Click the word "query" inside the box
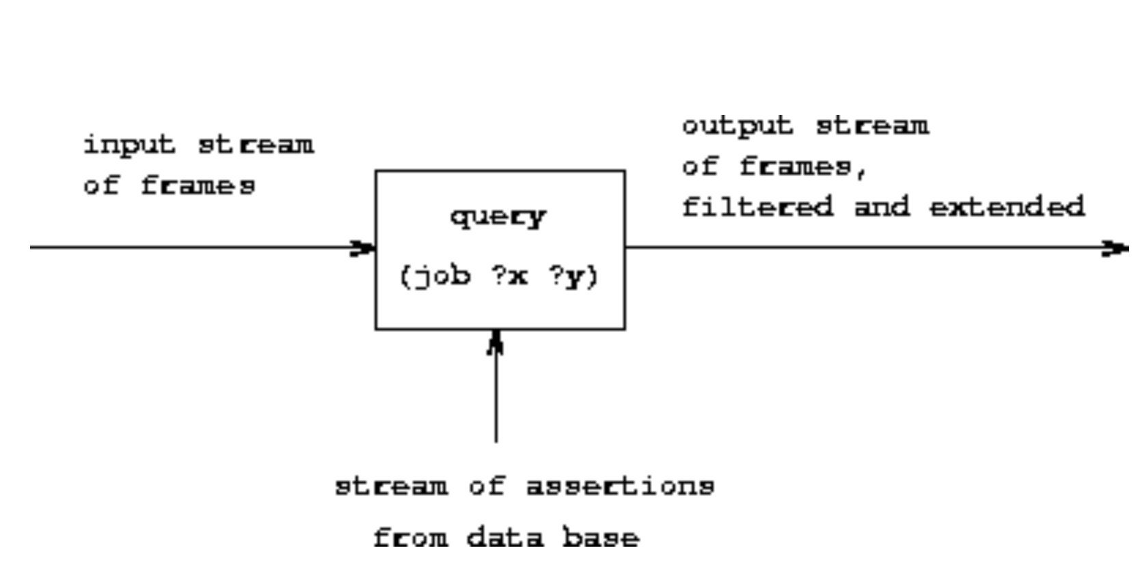[x=498, y=217]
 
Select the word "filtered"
[x=757, y=206]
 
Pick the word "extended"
[x=1007, y=206]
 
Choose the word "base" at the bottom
[x=601, y=537]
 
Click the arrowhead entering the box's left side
[x=363, y=248]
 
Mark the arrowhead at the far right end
[x=1115, y=249]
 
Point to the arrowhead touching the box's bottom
[x=496, y=343]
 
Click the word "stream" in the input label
[x=256, y=146]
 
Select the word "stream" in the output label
[x=872, y=126]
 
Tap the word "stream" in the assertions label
[x=391, y=487]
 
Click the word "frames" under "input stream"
[x=198, y=186]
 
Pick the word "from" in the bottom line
[x=411, y=537]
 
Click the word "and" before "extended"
[x=882, y=206]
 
